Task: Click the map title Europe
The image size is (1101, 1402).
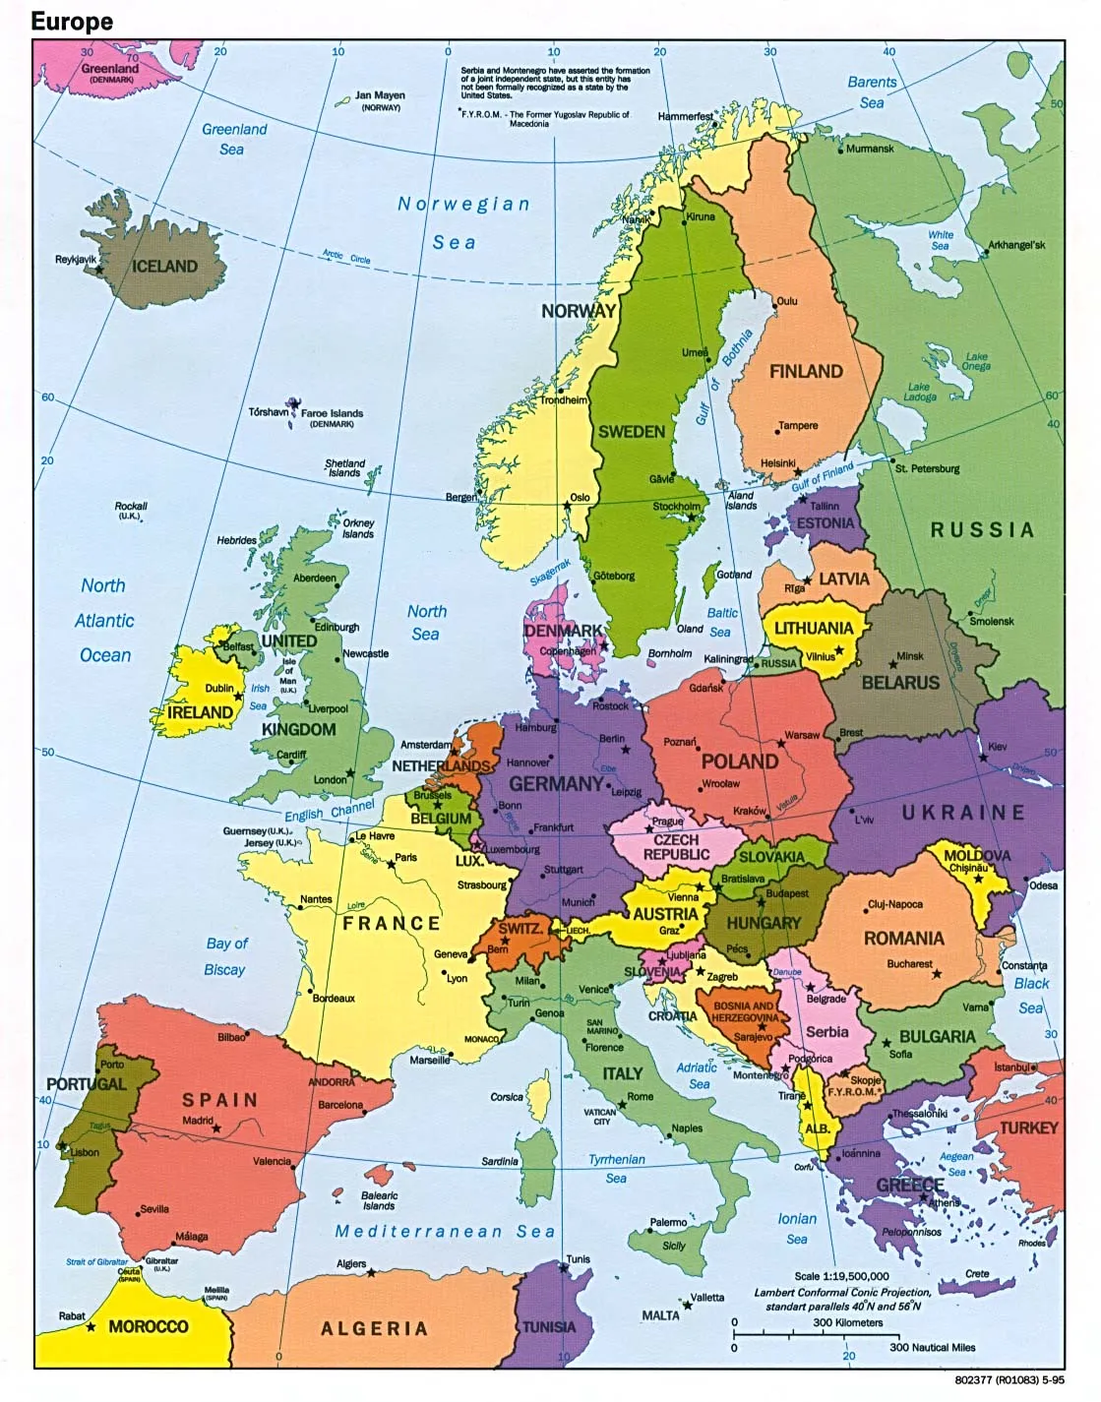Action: point(72,21)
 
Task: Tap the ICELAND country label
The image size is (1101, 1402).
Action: point(164,266)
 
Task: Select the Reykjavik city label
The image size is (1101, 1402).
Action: point(76,259)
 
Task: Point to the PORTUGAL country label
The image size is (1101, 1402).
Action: point(87,1083)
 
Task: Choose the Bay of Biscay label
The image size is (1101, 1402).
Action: point(226,956)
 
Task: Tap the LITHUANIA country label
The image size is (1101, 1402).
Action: point(813,628)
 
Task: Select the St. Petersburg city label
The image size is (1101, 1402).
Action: point(927,468)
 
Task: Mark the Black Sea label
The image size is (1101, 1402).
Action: point(1031,995)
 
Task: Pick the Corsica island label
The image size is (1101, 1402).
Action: point(507,1096)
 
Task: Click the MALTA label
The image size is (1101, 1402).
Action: point(660,1314)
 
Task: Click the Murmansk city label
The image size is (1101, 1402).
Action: point(870,149)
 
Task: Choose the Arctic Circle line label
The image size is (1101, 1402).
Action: point(346,257)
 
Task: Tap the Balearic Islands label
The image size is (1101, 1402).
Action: point(379,1200)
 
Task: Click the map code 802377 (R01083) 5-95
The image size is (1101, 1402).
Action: point(1009,1379)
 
